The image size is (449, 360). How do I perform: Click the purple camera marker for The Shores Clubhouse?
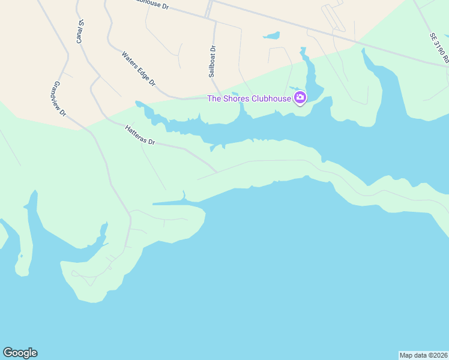click(300, 97)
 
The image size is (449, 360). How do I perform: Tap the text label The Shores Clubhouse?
click(249, 98)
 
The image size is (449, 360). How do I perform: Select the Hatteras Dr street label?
click(140, 136)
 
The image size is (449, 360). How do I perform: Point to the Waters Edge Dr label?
click(139, 68)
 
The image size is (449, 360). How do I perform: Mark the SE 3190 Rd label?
click(439, 47)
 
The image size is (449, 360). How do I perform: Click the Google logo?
click(20, 353)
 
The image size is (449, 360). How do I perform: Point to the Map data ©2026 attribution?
click(423, 355)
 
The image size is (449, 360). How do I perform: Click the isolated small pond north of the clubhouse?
click(272, 36)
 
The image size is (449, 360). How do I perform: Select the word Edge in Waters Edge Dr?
click(142, 71)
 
